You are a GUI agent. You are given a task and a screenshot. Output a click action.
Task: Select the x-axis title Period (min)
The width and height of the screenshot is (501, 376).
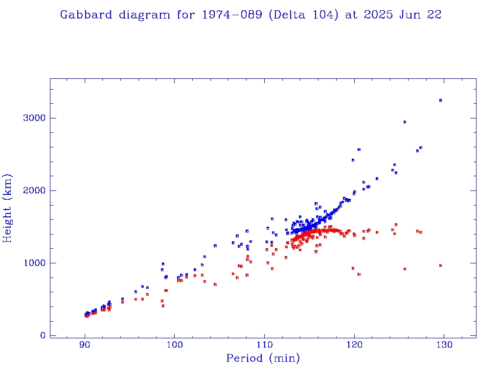click(263, 359)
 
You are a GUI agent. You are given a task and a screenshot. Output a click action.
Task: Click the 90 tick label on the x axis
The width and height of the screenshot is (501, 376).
click(85, 345)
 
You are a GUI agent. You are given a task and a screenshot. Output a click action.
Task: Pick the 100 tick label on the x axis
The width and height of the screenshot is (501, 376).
click(175, 345)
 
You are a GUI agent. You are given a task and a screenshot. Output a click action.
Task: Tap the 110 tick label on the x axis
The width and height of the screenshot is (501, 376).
click(265, 345)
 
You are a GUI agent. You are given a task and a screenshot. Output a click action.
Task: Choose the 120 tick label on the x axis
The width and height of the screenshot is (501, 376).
click(354, 345)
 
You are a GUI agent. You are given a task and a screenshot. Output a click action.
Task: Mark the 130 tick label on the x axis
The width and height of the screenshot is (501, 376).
click(444, 345)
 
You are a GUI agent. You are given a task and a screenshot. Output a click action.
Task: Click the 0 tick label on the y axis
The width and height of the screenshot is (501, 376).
click(43, 335)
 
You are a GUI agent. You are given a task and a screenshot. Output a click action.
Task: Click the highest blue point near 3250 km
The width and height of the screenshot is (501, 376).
click(440, 100)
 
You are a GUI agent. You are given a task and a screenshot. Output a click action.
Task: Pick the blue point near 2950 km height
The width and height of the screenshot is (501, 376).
click(405, 122)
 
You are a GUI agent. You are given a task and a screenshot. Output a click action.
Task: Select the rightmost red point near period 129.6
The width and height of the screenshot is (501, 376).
click(440, 265)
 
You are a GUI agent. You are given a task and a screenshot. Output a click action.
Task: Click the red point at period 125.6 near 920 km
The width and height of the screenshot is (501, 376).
click(405, 269)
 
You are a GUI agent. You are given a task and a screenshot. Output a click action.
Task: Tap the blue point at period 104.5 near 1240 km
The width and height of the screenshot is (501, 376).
click(215, 246)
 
